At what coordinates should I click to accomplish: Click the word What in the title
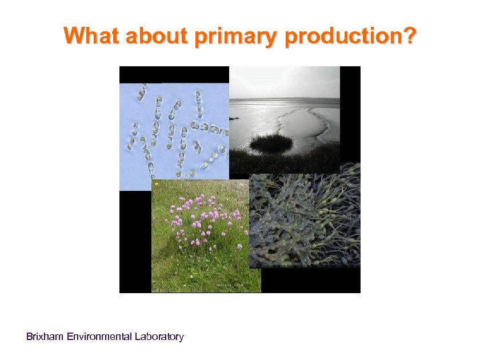tap(92, 36)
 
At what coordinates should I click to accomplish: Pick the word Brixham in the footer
tap(45, 337)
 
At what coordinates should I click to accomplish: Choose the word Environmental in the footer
tap(99, 337)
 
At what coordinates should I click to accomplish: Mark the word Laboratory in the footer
tap(159, 337)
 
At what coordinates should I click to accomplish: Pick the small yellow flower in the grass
tap(156, 184)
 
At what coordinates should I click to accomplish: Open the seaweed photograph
tap(306, 220)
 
